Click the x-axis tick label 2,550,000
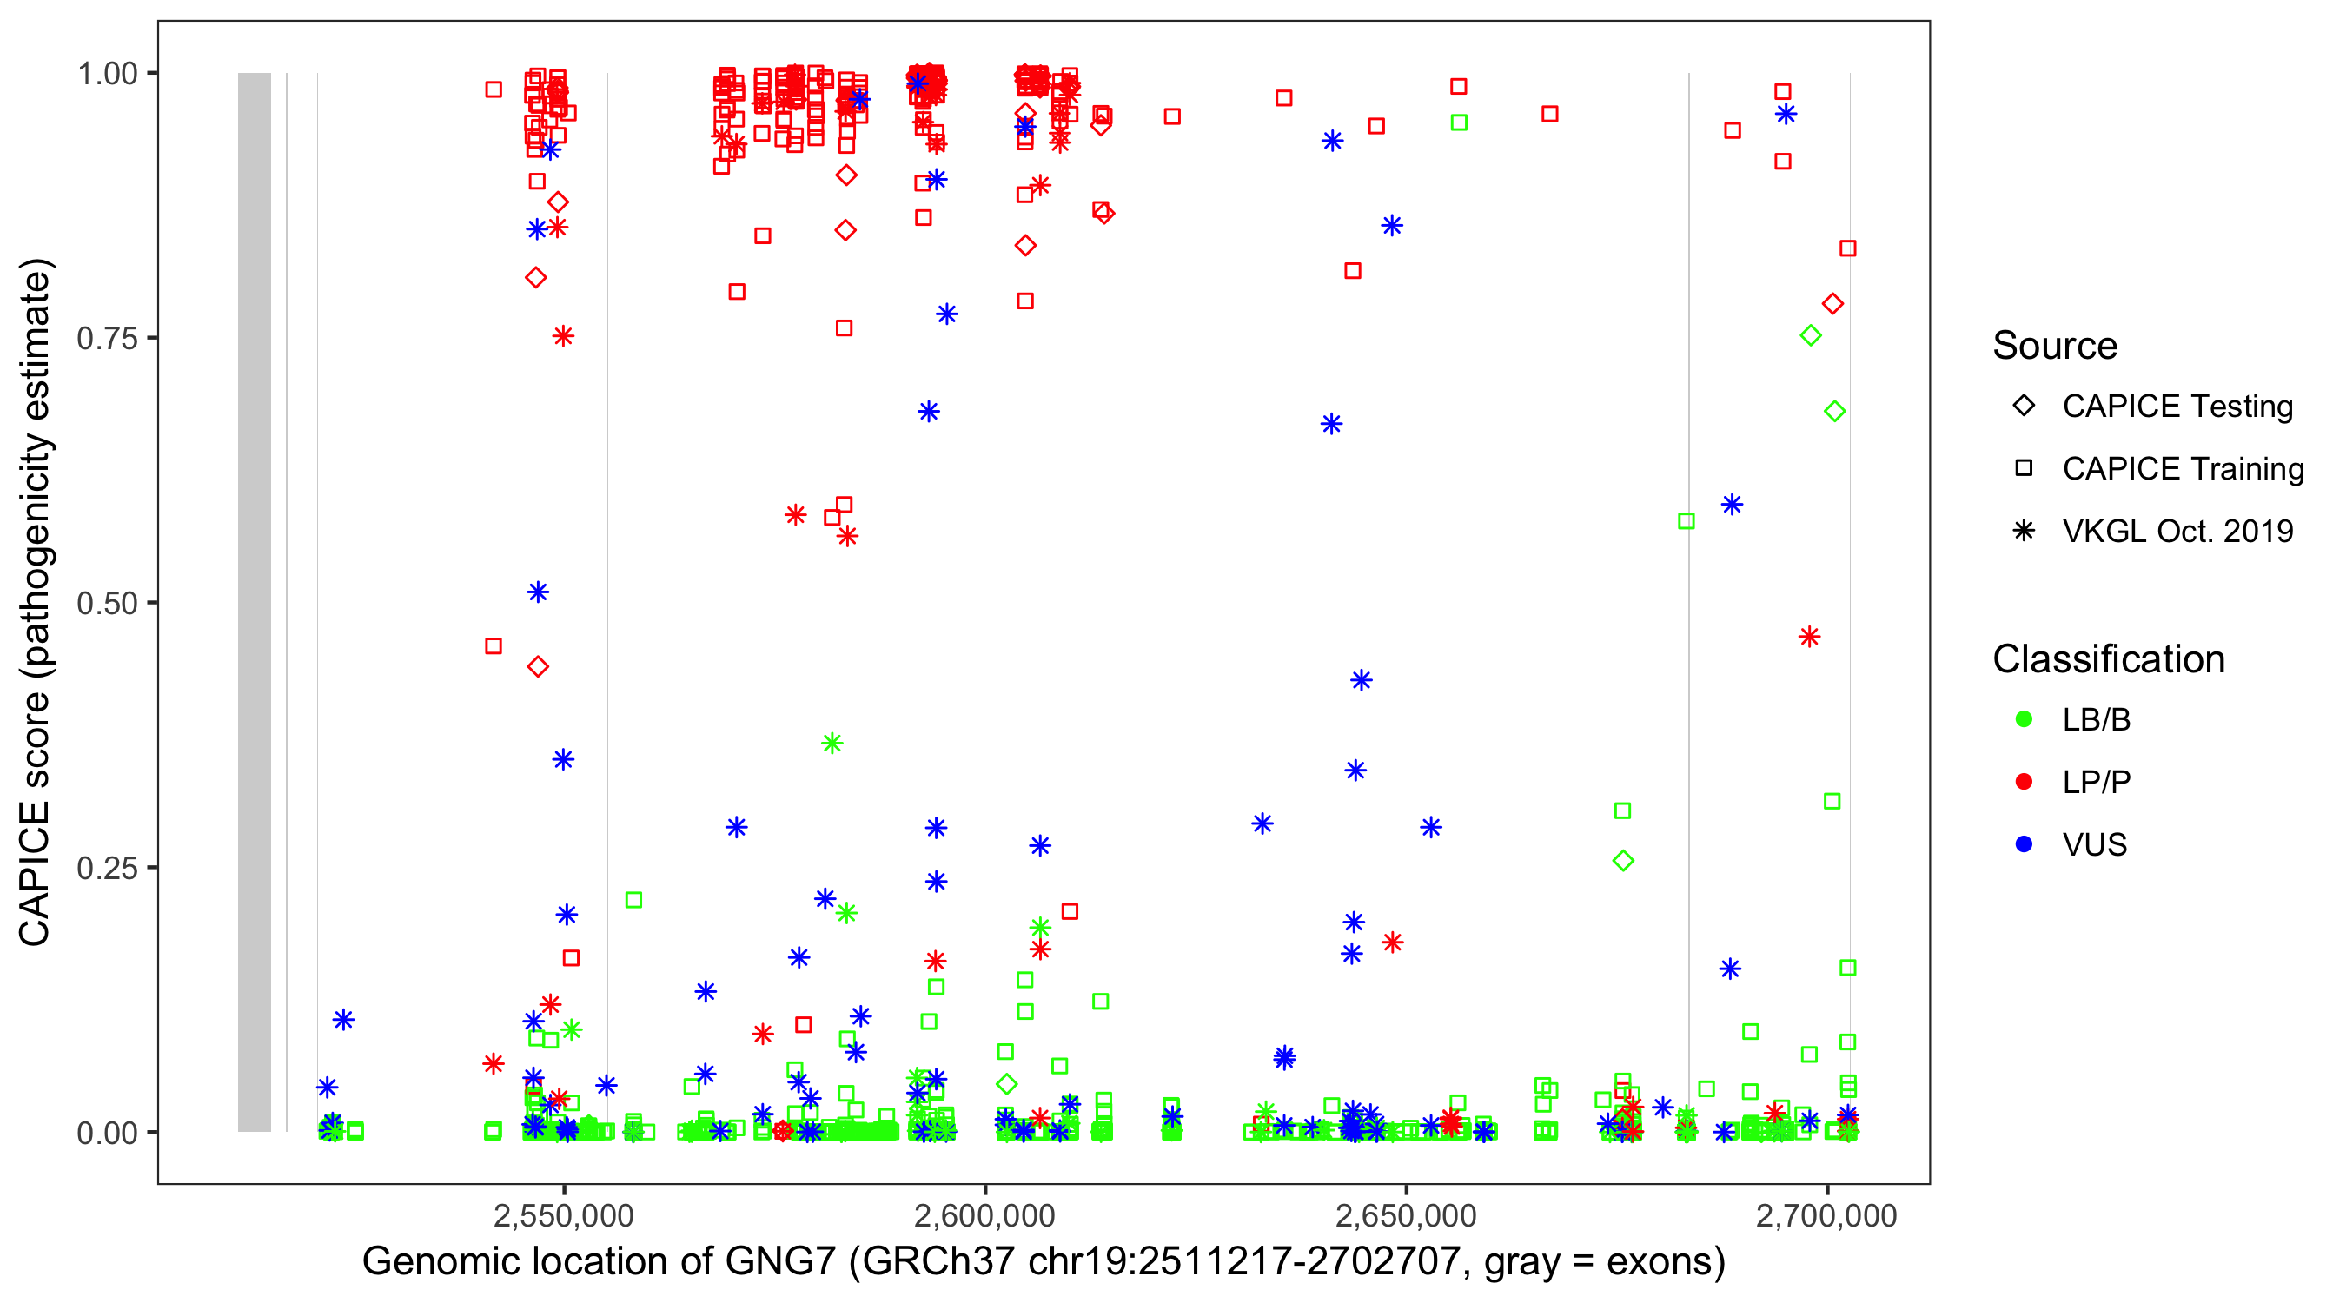[x=564, y=1215]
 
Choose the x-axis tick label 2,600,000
[x=984, y=1215]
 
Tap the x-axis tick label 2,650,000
[x=1406, y=1215]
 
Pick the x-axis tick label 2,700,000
[x=1827, y=1215]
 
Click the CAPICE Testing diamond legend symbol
[x=2024, y=407]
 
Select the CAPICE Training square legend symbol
[x=2024, y=469]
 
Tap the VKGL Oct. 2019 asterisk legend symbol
[x=2024, y=531]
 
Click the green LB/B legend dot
[x=2024, y=719]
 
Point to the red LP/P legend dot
[x=2024, y=782]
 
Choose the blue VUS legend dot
[x=2024, y=844]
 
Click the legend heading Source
[x=2055, y=346]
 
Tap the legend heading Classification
[x=2108, y=659]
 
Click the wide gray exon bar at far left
[x=254, y=601]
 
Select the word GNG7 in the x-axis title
[x=779, y=1262]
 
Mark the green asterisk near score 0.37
[x=832, y=744]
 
